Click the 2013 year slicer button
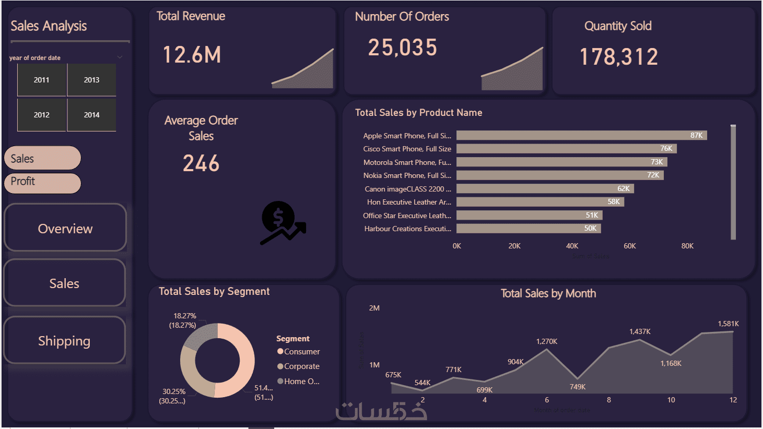click(91, 80)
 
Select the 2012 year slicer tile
click(42, 115)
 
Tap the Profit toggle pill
click(42, 182)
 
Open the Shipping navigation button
click(64, 341)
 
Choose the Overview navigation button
click(65, 229)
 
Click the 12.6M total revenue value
click(192, 55)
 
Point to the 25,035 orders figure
click(402, 48)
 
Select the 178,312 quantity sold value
click(619, 57)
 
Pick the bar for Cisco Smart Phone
click(566, 149)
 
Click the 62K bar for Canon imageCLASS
click(545, 189)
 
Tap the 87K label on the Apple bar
click(696, 136)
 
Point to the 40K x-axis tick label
click(572, 246)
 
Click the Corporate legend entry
click(301, 366)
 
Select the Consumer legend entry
click(301, 352)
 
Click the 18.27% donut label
click(185, 316)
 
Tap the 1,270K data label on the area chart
click(547, 341)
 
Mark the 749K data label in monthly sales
click(578, 387)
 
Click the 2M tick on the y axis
click(374, 308)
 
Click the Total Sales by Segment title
click(214, 291)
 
